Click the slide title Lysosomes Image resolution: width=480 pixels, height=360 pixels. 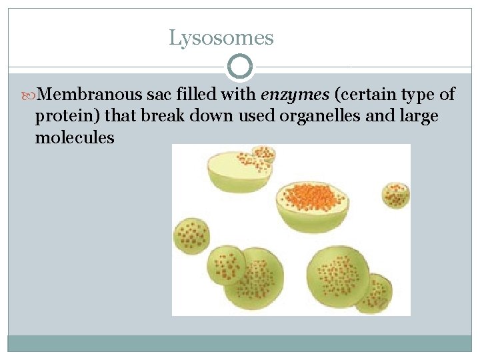tap(221, 37)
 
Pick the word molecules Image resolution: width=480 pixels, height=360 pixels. tap(75, 138)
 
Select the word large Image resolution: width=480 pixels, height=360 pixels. tap(417, 117)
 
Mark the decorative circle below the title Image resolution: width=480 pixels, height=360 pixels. tap(240, 67)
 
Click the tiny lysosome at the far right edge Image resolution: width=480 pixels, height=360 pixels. tap(395, 195)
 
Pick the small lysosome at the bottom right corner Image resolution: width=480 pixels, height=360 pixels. tap(373, 294)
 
